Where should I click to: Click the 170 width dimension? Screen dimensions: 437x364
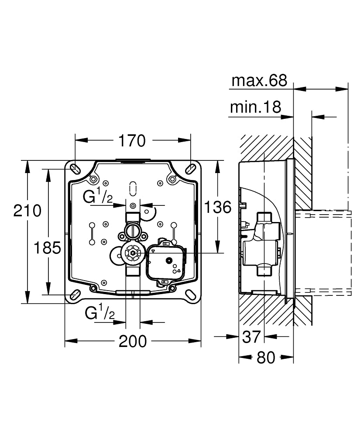pos(132,141)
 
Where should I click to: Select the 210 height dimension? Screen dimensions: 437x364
pos(27,211)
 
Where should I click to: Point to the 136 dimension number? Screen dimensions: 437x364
pos(218,207)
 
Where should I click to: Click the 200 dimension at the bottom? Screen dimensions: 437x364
pos(133,341)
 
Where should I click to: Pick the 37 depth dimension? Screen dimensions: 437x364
pos(251,336)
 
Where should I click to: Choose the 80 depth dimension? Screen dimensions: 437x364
pos(266,357)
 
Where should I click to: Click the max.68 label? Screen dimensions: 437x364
pos(259,80)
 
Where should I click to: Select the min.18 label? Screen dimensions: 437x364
pos(255,107)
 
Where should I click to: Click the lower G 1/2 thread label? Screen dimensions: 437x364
pos(100,313)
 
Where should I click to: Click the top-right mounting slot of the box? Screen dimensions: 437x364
pos(191,168)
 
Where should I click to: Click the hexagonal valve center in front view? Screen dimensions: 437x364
pos(133,253)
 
